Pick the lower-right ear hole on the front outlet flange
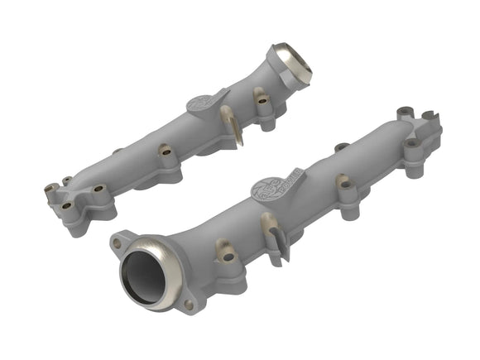tap(189, 304)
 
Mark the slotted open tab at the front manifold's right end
tap(430, 117)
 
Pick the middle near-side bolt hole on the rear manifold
tap(166, 152)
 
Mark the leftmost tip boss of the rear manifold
tap(46, 190)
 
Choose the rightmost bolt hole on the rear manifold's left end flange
tap(98, 189)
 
